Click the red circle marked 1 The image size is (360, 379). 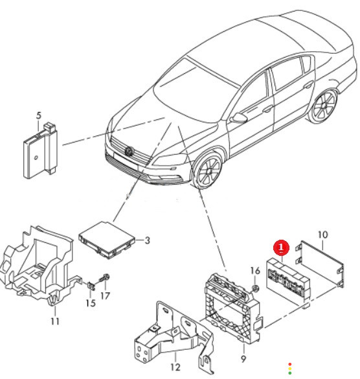coord(281,247)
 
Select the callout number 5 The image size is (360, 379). coord(39,115)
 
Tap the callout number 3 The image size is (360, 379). coord(147,240)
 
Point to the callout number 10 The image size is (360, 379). coord(322,235)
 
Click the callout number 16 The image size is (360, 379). coord(255,271)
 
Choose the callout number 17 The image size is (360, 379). coord(105,296)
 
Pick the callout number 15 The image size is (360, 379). coord(91,303)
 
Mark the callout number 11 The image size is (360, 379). coord(55,321)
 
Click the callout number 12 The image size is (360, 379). coord(175,367)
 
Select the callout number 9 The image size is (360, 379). coord(243,359)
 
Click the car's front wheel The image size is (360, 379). coord(208,170)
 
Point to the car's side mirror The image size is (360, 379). coord(238,118)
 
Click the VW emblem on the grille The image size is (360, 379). coord(129,152)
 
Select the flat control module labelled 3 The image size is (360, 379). coord(107,240)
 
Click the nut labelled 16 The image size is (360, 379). coord(255,288)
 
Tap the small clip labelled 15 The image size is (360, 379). coord(91,286)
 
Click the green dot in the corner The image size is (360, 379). coord(290,373)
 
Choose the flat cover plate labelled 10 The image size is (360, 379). coord(319,264)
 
